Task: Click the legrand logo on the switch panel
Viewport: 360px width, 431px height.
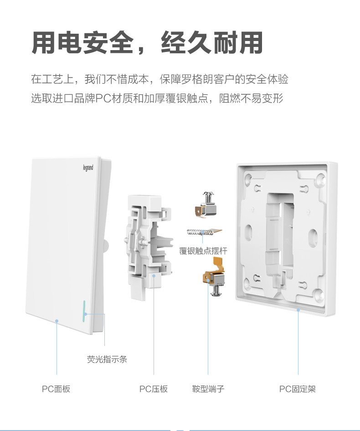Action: click(x=88, y=167)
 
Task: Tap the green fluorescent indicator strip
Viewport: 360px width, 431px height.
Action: click(x=83, y=312)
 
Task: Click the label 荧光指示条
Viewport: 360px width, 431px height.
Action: click(x=107, y=359)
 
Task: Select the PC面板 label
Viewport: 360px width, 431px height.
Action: click(x=56, y=389)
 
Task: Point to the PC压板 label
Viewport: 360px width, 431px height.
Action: click(x=154, y=389)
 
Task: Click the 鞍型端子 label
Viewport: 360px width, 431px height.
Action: click(x=208, y=389)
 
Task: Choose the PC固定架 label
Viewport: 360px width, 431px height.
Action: click(x=298, y=389)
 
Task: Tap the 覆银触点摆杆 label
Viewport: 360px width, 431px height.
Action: click(x=203, y=251)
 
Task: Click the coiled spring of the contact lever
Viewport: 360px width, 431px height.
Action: click(x=199, y=232)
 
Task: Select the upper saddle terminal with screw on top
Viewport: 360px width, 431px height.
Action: click(x=206, y=205)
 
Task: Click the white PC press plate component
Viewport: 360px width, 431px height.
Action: click(x=149, y=246)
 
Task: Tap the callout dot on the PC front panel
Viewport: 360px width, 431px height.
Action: click(x=57, y=321)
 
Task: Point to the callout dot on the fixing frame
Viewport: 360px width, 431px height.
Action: click(x=298, y=310)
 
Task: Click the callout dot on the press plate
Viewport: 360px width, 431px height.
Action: click(x=154, y=276)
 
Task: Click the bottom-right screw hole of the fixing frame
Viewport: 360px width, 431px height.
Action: click(x=319, y=295)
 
